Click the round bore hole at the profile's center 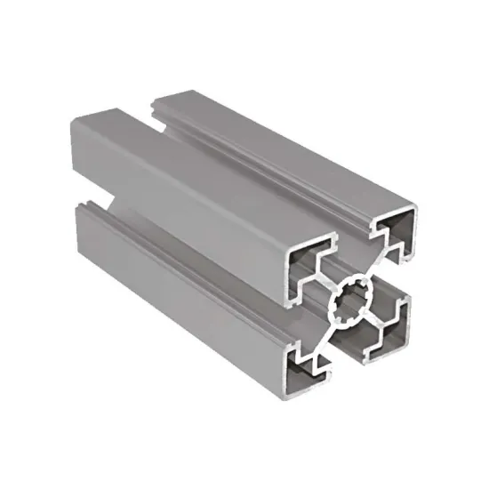click(355, 305)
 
